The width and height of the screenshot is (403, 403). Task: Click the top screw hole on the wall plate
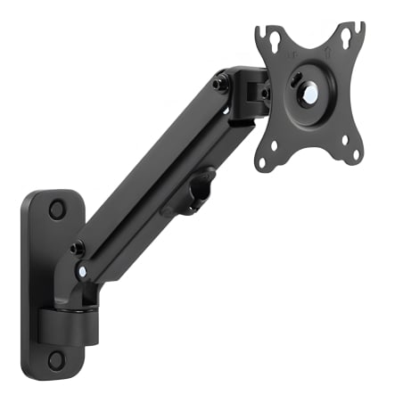click(57, 210)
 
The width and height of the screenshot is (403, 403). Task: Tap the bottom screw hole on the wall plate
click(56, 359)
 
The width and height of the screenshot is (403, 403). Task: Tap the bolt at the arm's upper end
click(219, 83)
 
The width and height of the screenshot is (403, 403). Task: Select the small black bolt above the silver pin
click(78, 248)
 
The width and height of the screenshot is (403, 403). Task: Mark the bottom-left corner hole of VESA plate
click(260, 162)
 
